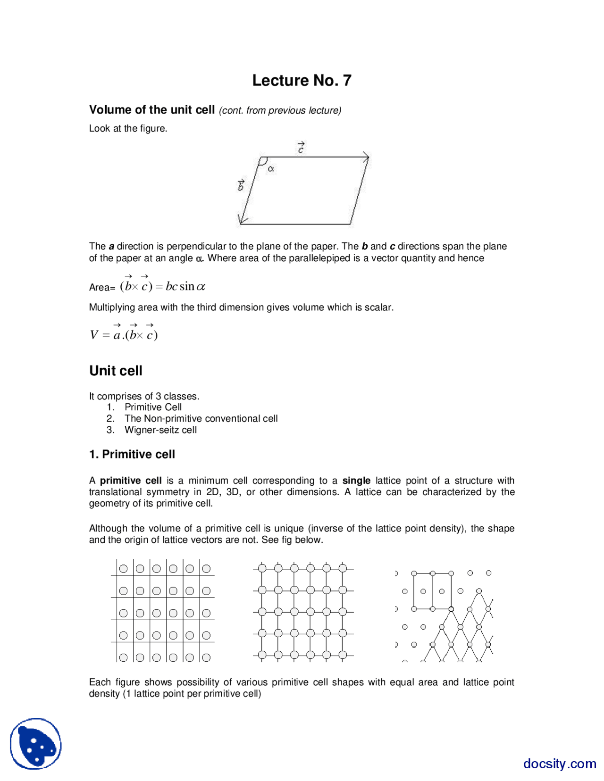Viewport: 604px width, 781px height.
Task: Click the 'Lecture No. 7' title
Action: coord(302,81)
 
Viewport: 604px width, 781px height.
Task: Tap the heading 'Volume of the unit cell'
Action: coord(152,110)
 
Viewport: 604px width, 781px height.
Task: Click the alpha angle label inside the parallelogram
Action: coord(271,168)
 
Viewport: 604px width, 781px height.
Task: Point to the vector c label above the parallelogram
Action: coord(301,148)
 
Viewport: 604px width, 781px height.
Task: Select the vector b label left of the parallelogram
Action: coord(241,185)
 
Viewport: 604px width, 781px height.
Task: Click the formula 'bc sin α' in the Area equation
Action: coord(185,287)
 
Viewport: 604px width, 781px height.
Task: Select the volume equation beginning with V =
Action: coord(124,333)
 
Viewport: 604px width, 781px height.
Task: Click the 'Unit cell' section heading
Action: coord(116,371)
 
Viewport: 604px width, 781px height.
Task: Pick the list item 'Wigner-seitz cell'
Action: coord(160,430)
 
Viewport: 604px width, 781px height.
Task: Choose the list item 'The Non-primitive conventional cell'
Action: coord(201,418)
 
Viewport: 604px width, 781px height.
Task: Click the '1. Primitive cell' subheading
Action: coord(132,454)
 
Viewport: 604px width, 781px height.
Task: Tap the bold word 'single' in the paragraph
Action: coord(356,481)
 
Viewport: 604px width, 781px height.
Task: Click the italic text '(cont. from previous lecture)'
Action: coord(280,110)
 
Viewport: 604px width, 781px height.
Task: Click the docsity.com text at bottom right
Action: coord(559,763)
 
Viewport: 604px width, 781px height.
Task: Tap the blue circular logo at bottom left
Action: coord(36,744)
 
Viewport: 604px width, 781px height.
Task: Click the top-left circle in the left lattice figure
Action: coord(123,569)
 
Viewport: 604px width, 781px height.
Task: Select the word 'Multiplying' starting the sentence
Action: coord(112,307)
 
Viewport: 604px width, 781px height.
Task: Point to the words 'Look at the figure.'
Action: coord(128,128)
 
